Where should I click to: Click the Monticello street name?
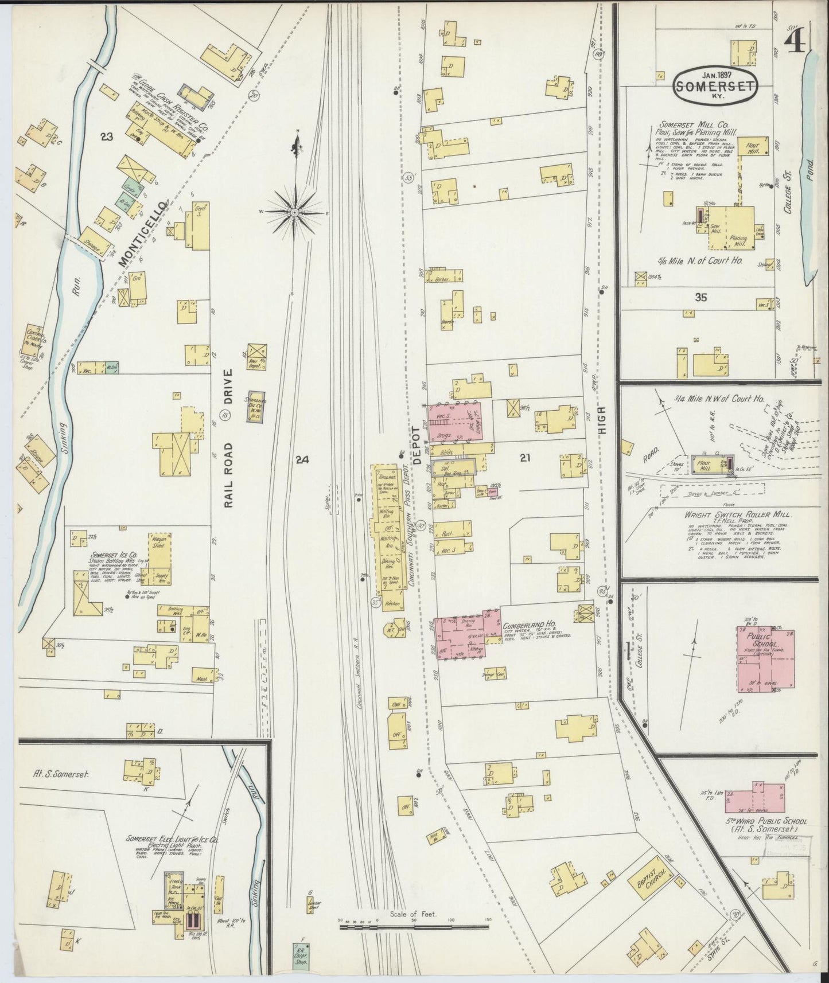pos(141,234)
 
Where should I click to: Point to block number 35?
pos(700,297)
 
